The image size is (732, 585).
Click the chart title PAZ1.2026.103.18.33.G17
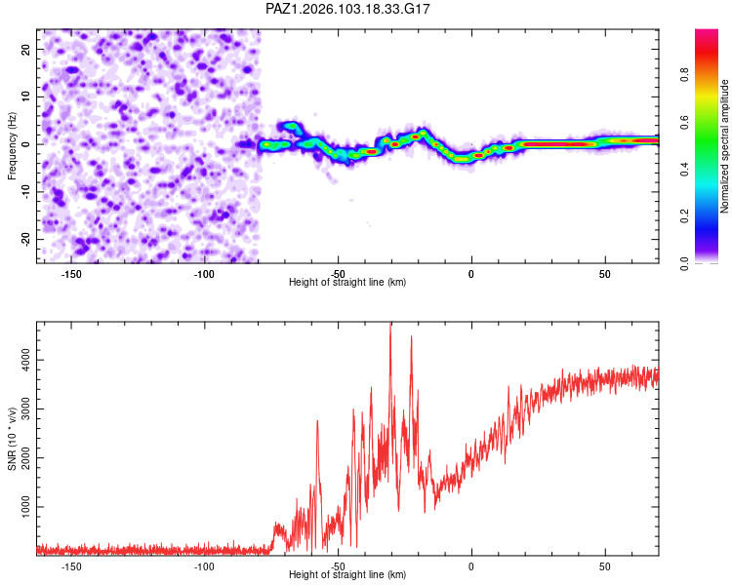click(x=347, y=9)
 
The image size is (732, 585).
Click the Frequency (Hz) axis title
click(x=12, y=146)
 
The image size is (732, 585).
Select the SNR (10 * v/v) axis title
click(x=12, y=439)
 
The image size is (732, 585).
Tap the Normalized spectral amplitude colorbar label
click(x=724, y=146)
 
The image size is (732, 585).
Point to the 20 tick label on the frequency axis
click(x=25, y=50)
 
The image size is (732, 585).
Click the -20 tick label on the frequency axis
click(x=25, y=239)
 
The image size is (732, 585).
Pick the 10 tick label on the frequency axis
click(x=25, y=97)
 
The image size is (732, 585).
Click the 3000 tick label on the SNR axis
click(x=25, y=409)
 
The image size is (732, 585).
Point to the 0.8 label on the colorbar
click(x=684, y=75)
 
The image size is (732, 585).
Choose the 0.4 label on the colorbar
click(x=684, y=170)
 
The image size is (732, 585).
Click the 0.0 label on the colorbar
click(x=684, y=264)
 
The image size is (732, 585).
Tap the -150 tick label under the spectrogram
click(x=71, y=274)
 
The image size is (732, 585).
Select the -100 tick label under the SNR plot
click(x=205, y=566)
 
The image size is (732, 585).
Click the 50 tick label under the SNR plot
click(x=605, y=566)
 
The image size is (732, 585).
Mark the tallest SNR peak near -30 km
click(x=390, y=324)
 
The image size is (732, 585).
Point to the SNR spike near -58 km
click(x=317, y=421)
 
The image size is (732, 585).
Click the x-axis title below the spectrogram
click(x=347, y=282)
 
